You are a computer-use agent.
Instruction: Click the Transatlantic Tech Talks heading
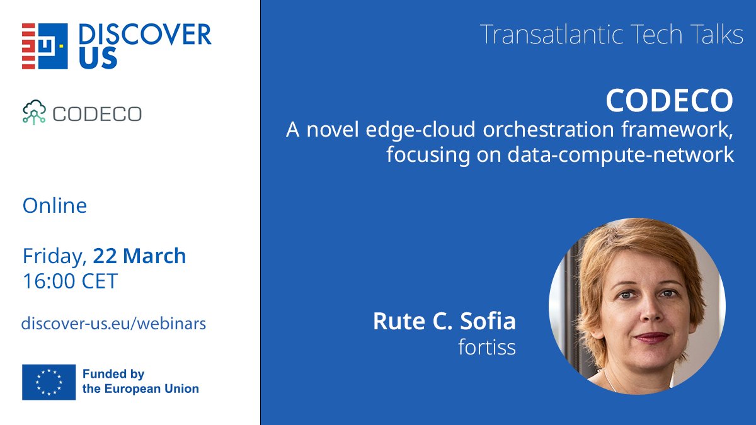[611, 35]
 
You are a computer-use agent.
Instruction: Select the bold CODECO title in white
[669, 100]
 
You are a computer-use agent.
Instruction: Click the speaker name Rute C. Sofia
[444, 321]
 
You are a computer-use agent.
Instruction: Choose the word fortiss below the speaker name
[486, 348]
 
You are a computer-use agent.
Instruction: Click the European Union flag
[49, 382]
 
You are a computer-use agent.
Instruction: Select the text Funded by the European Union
[140, 382]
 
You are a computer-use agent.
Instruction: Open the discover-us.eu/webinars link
[113, 324]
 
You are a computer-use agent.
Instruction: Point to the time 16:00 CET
[70, 281]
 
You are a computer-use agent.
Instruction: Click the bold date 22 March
[139, 256]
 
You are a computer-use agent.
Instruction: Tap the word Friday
[54, 256]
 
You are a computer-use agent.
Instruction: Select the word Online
[55, 205]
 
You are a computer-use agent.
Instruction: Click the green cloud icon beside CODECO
[34, 112]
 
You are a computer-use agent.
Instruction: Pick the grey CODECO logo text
[97, 114]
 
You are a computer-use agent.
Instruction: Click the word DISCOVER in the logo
[145, 35]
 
